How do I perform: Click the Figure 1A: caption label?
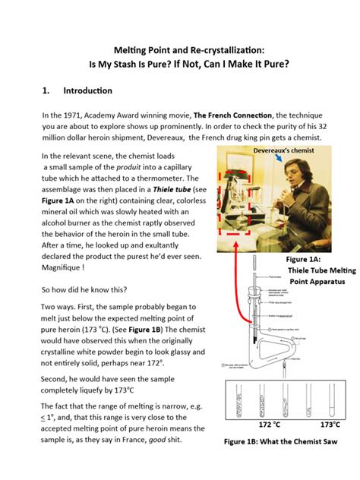[x=298, y=258]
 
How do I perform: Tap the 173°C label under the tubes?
[x=329, y=425]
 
